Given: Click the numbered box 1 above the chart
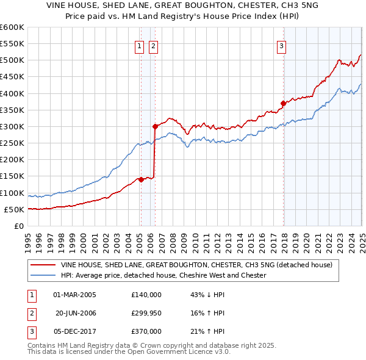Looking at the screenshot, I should [140, 45].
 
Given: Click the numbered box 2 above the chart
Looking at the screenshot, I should [153, 45].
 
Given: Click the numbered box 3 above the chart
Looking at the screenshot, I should [281, 45].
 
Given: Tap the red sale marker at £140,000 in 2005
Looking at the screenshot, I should [140, 179].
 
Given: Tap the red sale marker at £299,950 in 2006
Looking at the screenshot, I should [155, 127].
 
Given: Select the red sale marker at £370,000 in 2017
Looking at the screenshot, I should [283, 103].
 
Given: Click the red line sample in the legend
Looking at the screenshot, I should [43, 265].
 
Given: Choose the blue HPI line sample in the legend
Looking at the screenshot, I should [43, 275].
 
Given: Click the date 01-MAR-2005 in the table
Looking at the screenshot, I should [75, 295].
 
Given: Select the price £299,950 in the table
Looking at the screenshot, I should [146, 313].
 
